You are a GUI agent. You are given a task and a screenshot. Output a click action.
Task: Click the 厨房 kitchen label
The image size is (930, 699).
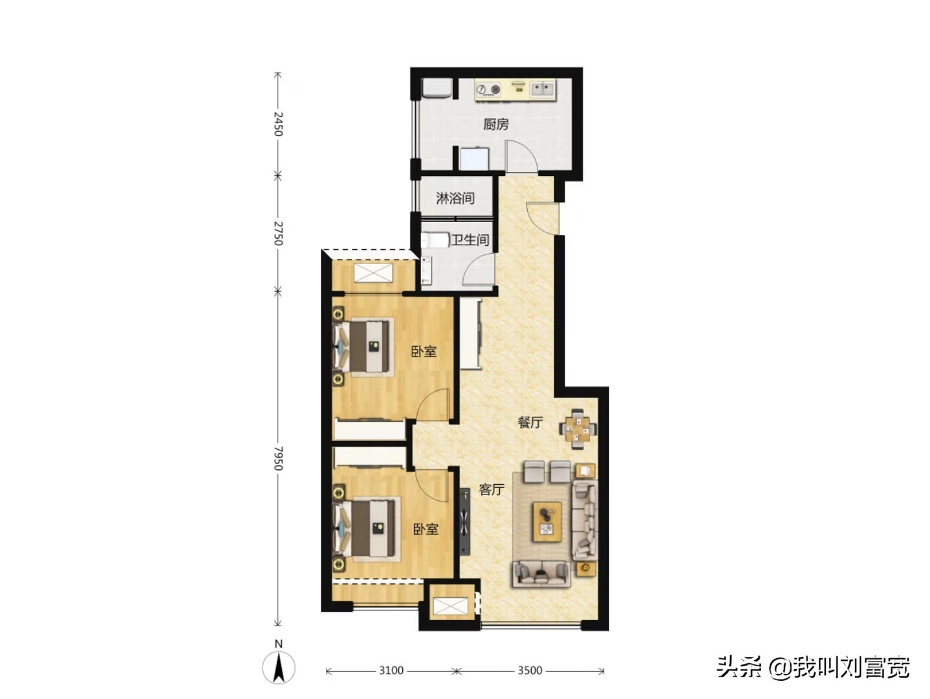(495, 124)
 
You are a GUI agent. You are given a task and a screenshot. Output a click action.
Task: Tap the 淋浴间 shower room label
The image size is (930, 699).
(455, 198)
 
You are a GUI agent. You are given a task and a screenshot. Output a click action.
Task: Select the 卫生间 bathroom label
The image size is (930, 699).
(470, 240)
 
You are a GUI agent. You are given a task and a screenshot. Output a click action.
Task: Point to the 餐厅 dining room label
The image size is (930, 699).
(530, 422)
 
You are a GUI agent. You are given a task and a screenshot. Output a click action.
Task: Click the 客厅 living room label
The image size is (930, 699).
(492, 489)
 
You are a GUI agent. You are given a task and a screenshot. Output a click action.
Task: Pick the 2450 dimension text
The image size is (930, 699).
(278, 124)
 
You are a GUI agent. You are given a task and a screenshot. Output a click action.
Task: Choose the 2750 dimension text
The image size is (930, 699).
(278, 233)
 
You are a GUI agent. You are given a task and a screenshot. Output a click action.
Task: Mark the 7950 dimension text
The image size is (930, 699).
(278, 458)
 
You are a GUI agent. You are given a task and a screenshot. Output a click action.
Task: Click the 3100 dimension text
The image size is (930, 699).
(391, 670)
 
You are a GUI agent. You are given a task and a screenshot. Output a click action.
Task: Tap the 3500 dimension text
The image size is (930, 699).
(530, 670)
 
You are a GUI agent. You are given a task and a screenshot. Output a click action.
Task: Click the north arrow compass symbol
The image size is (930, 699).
(278, 667)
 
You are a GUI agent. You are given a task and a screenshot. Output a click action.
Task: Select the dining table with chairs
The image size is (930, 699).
(578, 428)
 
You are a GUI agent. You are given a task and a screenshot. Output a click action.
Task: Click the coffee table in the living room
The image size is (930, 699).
(547, 522)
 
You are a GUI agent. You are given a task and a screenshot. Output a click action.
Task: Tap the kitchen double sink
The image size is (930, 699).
(543, 89)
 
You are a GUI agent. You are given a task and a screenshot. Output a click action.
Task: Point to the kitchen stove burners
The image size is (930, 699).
(488, 90)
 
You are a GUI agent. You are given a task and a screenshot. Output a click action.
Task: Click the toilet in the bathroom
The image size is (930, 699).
(435, 240)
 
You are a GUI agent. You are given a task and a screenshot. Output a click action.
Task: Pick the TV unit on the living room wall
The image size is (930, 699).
(465, 522)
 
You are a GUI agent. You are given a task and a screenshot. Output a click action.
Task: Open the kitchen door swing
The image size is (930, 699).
(521, 157)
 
